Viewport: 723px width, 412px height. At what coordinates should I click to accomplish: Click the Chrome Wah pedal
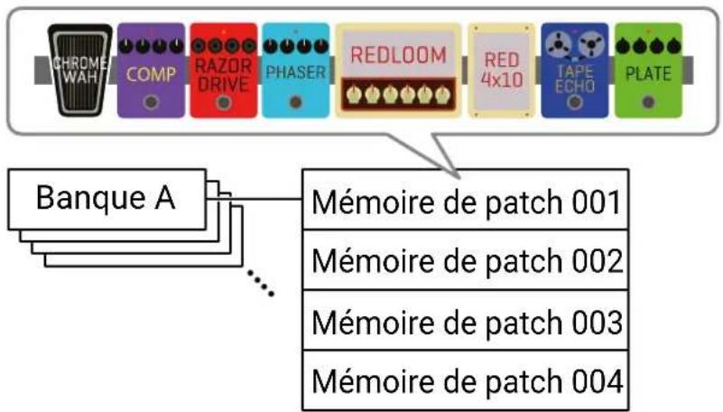pyautogui.click(x=79, y=70)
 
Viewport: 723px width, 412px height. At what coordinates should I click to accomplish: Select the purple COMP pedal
pyautogui.click(x=151, y=70)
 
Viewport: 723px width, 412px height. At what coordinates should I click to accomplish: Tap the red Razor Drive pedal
pyautogui.click(x=224, y=70)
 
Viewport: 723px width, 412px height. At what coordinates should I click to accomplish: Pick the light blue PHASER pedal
pyautogui.click(x=295, y=70)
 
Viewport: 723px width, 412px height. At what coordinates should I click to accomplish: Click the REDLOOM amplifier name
pyautogui.click(x=398, y=55)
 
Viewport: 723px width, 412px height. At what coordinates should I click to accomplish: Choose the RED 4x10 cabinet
pyautogui.click(x=502, y=70)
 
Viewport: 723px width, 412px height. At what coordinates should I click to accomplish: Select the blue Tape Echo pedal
pyautogui.click(x=575, y=70)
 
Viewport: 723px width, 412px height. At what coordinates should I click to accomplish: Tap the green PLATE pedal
pyautogui.click(x=648, y=70)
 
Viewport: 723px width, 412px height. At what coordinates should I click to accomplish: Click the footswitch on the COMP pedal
pyautogui.click(x=151, y=102)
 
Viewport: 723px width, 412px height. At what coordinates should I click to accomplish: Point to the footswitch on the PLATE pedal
pyautogui.click(x=648, y=102)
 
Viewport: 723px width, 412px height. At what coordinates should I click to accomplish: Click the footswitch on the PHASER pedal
pyautogui.click(x=295, y=102)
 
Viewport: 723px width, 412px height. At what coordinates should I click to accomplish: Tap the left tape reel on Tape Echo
pyautogui.click(x=558, y=45)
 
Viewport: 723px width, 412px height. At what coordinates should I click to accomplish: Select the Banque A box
pyautogui.click(x=107, y=200)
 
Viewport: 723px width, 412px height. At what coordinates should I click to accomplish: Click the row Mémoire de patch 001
pyautogui.click(x=465, y=200)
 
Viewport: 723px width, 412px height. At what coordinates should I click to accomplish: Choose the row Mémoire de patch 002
pyautogui.click(x=465, y=259)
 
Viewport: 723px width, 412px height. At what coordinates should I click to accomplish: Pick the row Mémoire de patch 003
pyautogui.click(x=465, y=320)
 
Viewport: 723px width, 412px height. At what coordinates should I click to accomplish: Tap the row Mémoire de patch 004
pyautogui.click(x=465, y=380)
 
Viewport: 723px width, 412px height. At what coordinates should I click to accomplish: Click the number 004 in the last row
pyautogui.click(x=598, y=381)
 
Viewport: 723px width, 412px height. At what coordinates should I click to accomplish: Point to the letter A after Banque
pyautogui.click(x=164, y=198)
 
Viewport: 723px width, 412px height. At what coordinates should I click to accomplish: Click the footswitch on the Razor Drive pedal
pyautogui.click(x=224, y=102)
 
